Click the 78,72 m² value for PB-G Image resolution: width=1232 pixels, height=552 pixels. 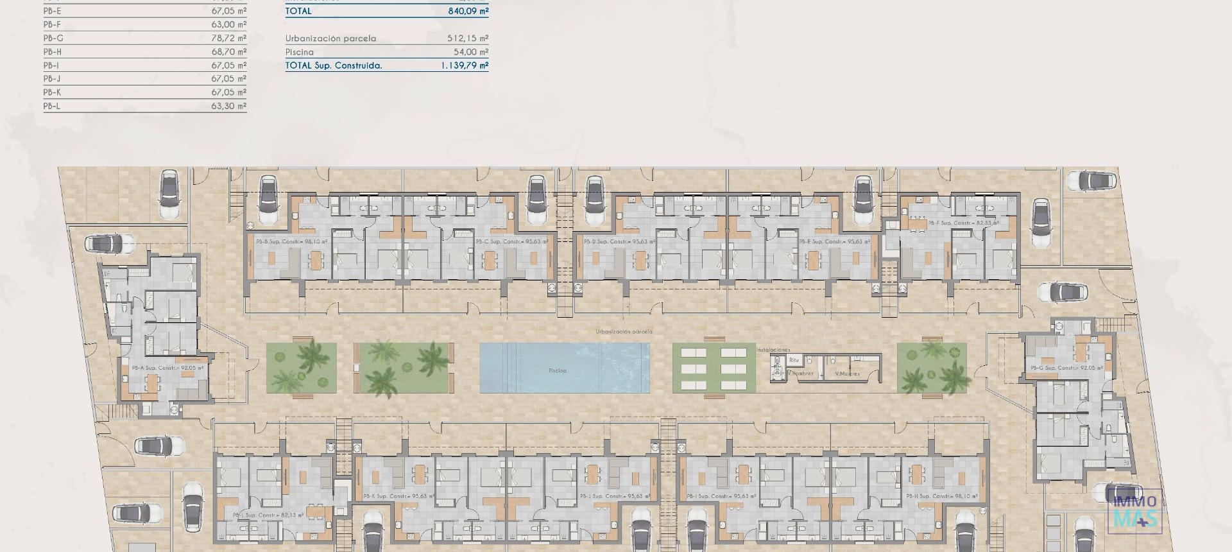click(228, 38)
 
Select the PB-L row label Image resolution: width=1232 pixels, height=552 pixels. click(52, 106)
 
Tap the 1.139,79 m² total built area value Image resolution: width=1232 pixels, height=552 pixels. click(464, 65)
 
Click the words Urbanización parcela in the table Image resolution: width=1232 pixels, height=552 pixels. click(330, 39)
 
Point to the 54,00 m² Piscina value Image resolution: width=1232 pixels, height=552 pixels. click(470, 52)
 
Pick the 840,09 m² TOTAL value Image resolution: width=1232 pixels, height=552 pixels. click(468, 11)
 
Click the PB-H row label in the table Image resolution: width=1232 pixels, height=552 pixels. click(53, 52)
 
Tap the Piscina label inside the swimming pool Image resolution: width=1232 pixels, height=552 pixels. click(557, 371)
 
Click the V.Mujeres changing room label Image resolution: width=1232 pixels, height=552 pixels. click(847, 374)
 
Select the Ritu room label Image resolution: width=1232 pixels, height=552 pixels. click(794, 360)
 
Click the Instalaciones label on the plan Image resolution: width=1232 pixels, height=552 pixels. click(773, 350)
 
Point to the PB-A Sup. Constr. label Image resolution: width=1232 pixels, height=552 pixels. click(168, 368)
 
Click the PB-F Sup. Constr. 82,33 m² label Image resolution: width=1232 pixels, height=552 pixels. click(963, 223)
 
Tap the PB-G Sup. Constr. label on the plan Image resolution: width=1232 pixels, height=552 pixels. click(1066, 368)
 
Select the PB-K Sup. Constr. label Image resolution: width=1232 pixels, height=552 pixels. click(398, 496)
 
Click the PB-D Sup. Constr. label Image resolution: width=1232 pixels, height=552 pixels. click(619, 242)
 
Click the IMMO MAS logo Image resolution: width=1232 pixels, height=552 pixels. click(1134, 512)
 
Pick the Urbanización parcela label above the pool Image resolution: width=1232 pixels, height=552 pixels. click(624, 332)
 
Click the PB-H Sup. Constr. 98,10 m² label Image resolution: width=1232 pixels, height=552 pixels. click(942, 496)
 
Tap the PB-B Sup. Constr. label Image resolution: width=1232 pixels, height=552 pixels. click(291, 242)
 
